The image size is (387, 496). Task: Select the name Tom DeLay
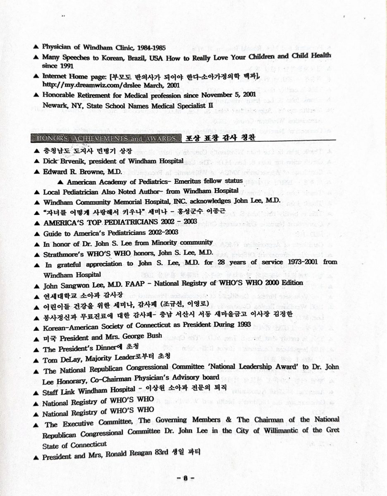click(x=63, y=360)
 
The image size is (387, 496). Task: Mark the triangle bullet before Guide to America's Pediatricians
click(x=37, y=233)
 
